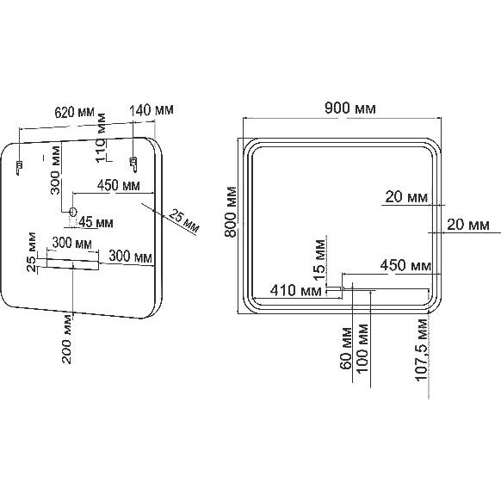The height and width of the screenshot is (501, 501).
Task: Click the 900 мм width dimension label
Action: pyautogui.click(x=349, y=108)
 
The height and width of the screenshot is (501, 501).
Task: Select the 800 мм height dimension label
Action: pyautogui.click(x=231, y=212)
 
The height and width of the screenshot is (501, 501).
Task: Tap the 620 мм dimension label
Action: pyautogui.click(x=75, y=112)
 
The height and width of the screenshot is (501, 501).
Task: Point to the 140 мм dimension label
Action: pyautogui.click(x=152, y=110)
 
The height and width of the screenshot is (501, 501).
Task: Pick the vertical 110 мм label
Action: pyautogui.click(x=101, y=138)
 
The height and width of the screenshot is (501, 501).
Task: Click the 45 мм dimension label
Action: pyautogui.click(x=96, y=222)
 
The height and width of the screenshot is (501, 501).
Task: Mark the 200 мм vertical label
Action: pyautogui.click(x=66, y=339)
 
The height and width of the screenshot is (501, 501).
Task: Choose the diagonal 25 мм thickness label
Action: pyautogui.click(x=183, y=220)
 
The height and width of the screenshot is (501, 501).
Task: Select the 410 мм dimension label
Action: pyautogui.click(x=296, y=290)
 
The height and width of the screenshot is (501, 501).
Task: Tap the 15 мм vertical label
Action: pyautogui.click(x=319, y=260)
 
